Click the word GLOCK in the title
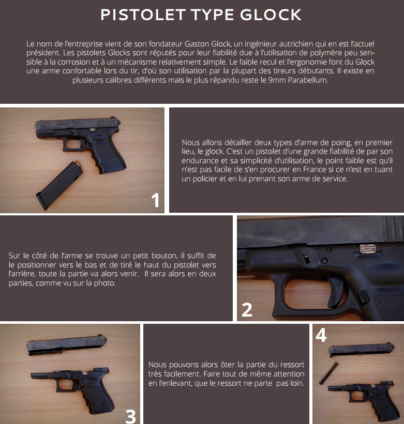[271, 14]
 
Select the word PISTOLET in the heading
[143, 14]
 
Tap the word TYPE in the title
[213, 14]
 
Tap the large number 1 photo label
[155, 200]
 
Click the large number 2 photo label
[247, 310]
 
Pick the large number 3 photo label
[131, 416]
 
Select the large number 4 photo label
[321, 335]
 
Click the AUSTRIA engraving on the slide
[264, 234]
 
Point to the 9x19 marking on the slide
[316, 231]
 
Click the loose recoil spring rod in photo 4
[328, 373]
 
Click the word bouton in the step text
[162, 256]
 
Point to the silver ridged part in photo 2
[368, 248]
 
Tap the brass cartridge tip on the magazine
[78, 163]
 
